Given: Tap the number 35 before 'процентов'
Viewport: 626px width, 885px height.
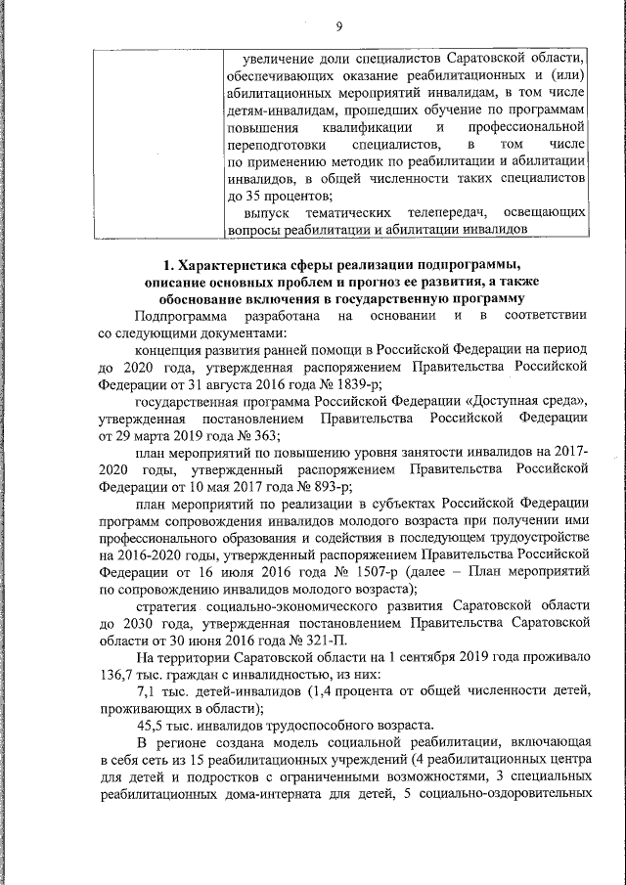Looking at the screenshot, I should coord(255,195).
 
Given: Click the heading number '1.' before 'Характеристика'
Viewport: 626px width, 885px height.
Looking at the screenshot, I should coord(169,263).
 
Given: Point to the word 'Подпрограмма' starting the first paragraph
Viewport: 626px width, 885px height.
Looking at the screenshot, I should coord(182,316).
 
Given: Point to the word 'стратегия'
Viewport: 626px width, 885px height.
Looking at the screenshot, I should coord(169,605).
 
